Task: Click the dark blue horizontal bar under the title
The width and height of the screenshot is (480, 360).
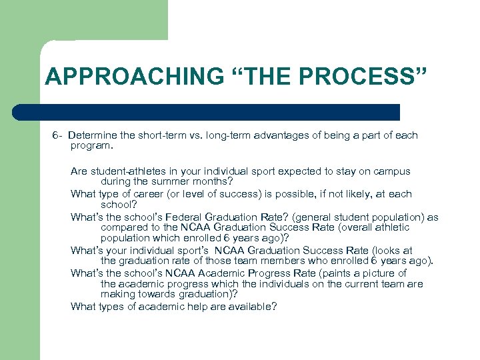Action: [x=207, y=111]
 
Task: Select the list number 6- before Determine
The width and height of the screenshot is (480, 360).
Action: [x=58, y=135]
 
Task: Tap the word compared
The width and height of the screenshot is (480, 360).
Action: [x=123, y=227]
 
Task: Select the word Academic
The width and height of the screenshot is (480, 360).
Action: [x=215, y=273]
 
